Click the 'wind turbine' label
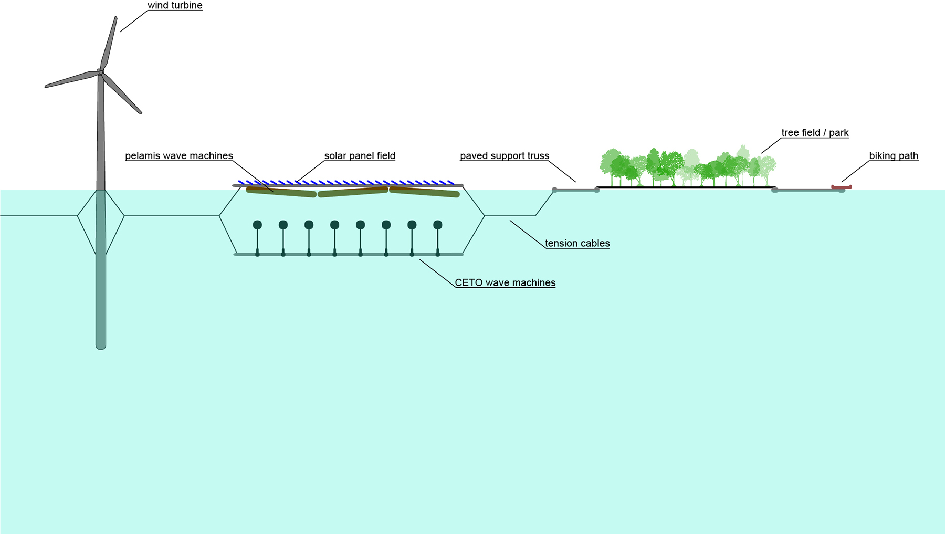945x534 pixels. point(175,6)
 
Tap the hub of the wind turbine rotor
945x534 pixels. point(100,72)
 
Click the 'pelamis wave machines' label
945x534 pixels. point(179,156)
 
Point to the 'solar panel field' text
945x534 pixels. point(360,156)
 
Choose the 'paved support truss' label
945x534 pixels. point(505,156)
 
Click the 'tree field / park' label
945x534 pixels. point(815,133)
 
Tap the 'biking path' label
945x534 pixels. point(894,156)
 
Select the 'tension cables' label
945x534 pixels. point(577,244)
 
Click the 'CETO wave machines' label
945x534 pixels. point(505,283)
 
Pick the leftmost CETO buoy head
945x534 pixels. point(257,225)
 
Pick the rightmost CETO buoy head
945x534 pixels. point(438,225)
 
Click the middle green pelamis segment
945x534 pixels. point(353,192)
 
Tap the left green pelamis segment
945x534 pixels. point(281,192)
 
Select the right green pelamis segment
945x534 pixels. point(424,192)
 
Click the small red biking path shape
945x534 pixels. point(841,187)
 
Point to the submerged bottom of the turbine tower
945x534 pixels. point(101,341)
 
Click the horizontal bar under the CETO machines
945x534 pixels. point(349,255)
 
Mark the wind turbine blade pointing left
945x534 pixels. point(71,80)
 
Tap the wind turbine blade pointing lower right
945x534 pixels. point(122,94)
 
